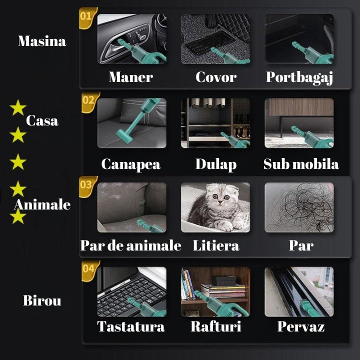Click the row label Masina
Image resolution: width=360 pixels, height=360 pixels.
[42, 41]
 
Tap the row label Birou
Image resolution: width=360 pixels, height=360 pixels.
[42, 301]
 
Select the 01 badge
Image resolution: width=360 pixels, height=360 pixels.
[86, 15]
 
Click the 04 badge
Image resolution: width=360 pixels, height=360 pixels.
[88, 268]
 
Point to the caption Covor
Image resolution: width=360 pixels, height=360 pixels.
[215, 77]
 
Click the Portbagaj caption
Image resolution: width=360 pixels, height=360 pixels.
[299, 77]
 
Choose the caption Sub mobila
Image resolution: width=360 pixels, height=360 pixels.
[301, 164]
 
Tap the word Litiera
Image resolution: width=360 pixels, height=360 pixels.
[215, 245]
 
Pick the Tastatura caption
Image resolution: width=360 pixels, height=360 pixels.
[131, 327]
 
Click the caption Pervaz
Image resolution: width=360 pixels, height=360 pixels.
[301, 327]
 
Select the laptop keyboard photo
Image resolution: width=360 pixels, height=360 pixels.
[131, 291]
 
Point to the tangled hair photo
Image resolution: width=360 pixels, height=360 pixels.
[299, 207]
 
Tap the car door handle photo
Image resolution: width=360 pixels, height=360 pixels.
[131, 38]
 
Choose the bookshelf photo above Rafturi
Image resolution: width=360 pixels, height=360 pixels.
[215, 291]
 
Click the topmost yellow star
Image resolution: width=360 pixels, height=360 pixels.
[18, 107]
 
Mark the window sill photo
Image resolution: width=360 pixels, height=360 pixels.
[299, 291]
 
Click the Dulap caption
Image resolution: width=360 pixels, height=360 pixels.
[215, 164]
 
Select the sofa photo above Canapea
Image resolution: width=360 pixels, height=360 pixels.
[131, 123]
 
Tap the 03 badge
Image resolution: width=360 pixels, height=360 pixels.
[86, 184]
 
